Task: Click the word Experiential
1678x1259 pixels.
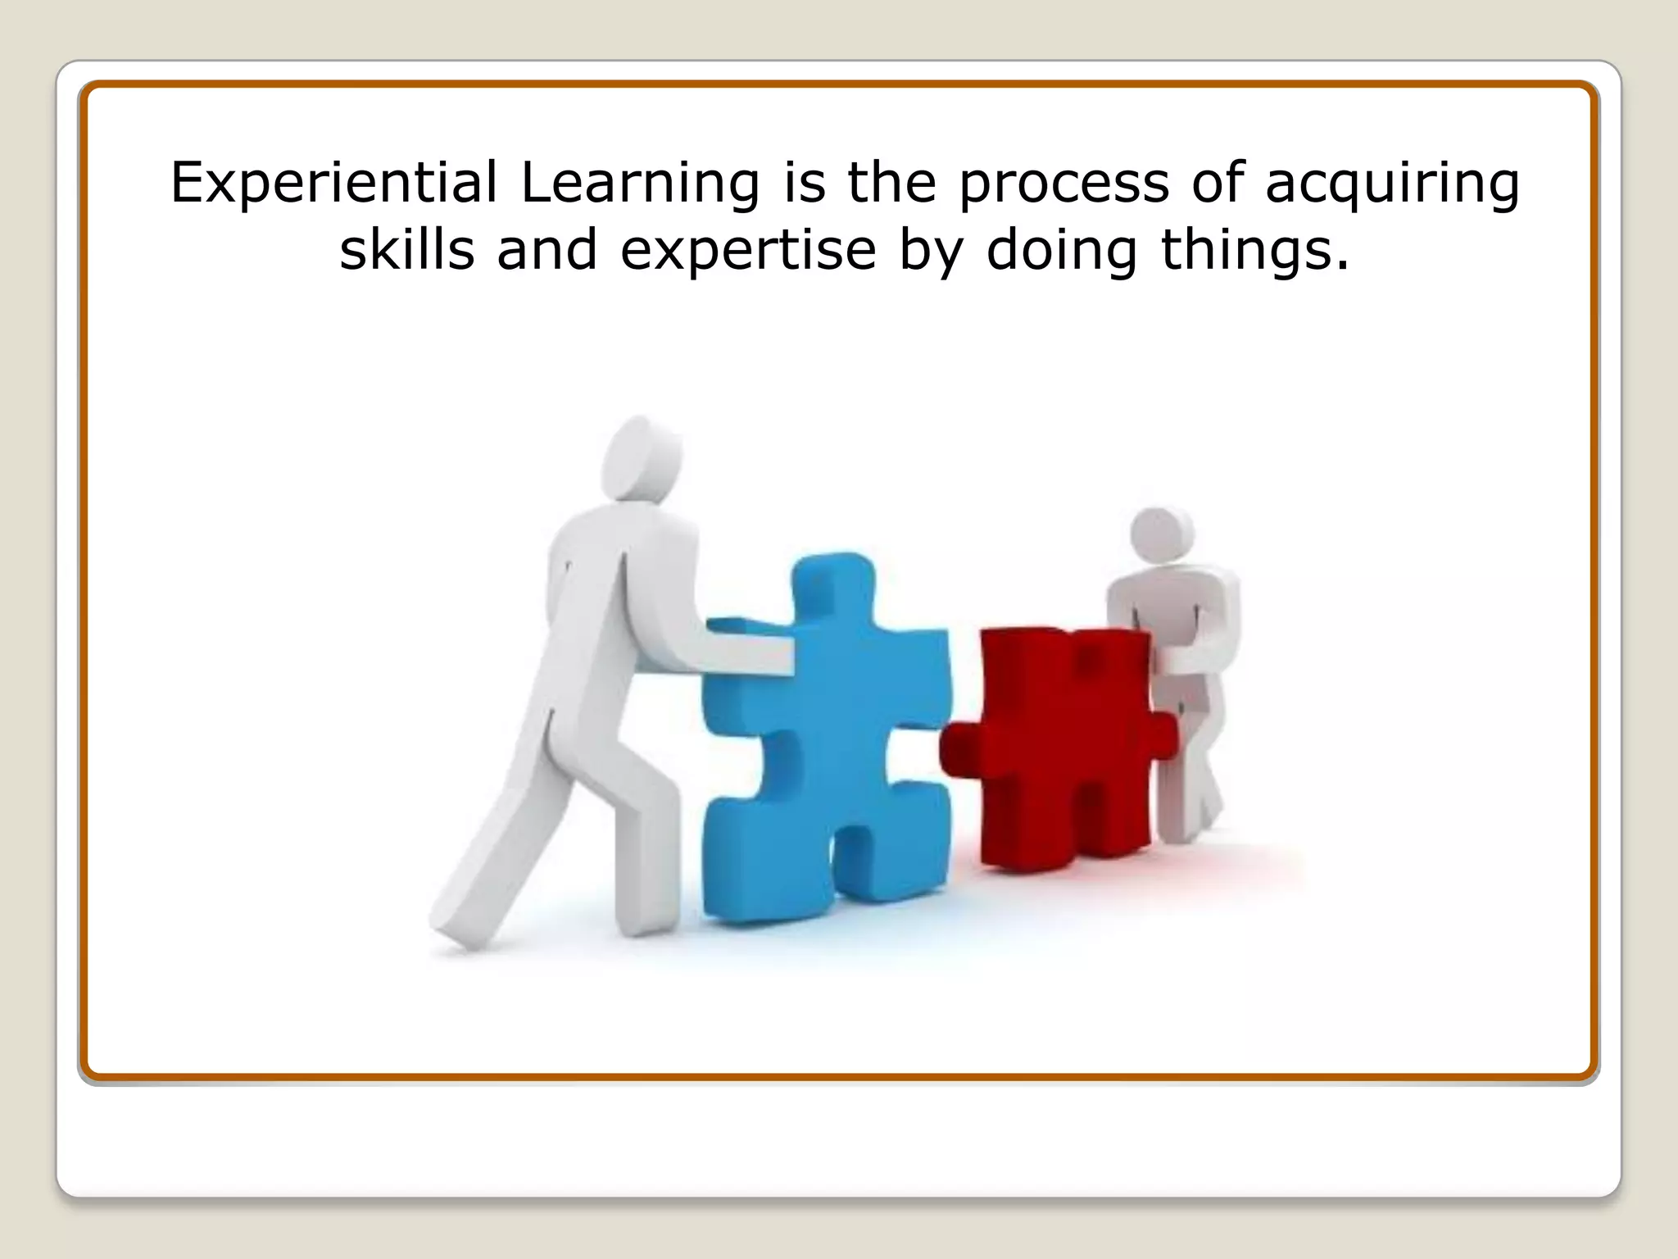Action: (333, 183)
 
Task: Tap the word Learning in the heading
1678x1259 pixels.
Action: (640, 183)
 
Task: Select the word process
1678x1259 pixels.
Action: (1063, 183)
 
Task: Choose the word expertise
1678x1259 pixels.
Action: (748, 251)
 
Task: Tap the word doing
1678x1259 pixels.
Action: (1061, 251)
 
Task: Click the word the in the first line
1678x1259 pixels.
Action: (891, 183)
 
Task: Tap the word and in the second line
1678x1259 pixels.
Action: (546, 251)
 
